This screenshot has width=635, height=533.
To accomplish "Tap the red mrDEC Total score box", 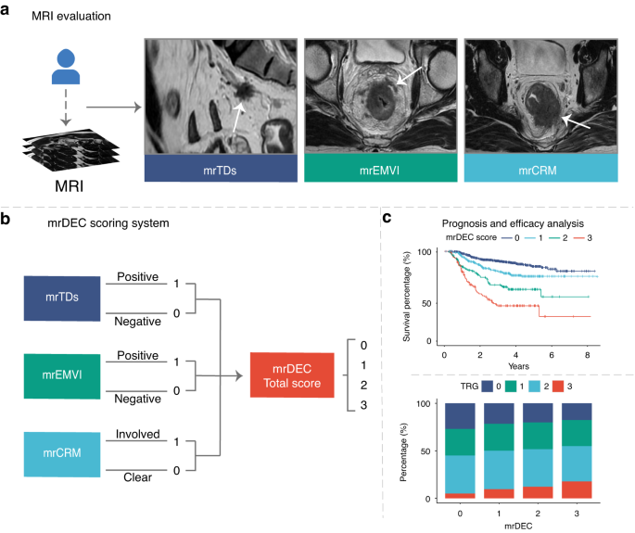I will click(291, 375).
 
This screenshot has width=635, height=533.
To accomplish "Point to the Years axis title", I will click(526, 365).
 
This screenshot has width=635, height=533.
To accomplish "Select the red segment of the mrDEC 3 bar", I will click(577, 488).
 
